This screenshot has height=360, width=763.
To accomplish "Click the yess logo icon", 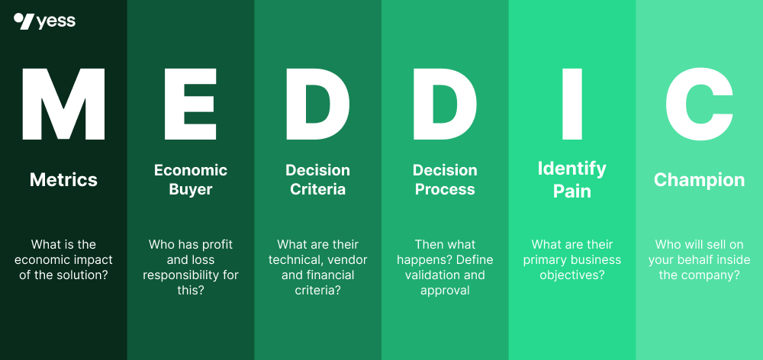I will point(23,21).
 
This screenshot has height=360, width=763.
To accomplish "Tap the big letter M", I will point(63,104).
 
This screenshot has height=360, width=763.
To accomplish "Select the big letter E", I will point(190,104).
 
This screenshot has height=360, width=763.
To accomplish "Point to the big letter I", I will point(571,104).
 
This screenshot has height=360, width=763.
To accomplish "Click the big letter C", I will point(699,104).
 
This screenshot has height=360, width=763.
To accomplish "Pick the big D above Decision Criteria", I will point(317,104).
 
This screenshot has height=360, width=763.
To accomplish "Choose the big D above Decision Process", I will point(445,104).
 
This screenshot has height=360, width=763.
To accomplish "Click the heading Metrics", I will point(63,180).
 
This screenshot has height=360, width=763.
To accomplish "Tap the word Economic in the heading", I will point(191,170).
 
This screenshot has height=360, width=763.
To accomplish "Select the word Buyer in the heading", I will point(191,189).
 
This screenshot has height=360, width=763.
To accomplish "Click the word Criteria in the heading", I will point(317,189).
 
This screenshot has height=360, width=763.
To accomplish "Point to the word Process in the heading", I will point(445,189).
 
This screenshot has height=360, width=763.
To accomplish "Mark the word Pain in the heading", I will point(572,191).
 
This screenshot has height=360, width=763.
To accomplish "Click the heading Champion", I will point(699,180).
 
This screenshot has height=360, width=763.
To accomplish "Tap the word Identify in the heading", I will point(572,169).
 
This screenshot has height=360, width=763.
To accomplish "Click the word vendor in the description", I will point(348,260).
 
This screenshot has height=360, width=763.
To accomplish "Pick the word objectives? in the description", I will point(572,275).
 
